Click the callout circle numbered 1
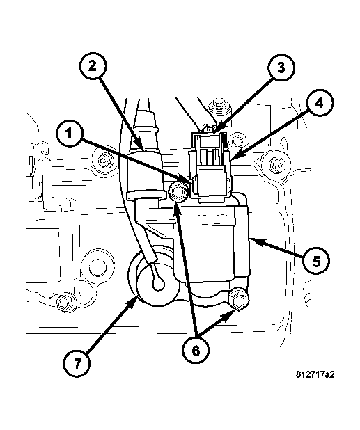(69, 134)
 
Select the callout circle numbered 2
(93, 66)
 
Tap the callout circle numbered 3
(281, 67)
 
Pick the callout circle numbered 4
(319, 104)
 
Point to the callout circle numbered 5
(316, 262)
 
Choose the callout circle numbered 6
(196, 351)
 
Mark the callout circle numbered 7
(77, 364)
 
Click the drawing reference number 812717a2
(315, 374)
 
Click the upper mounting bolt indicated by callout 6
(178, 192)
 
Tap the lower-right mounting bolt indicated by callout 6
(238, 299)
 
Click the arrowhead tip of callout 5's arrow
(251, 239)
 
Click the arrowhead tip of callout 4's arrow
(230, 159)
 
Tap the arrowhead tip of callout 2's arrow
(143, 150)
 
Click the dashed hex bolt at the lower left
(65, 302)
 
